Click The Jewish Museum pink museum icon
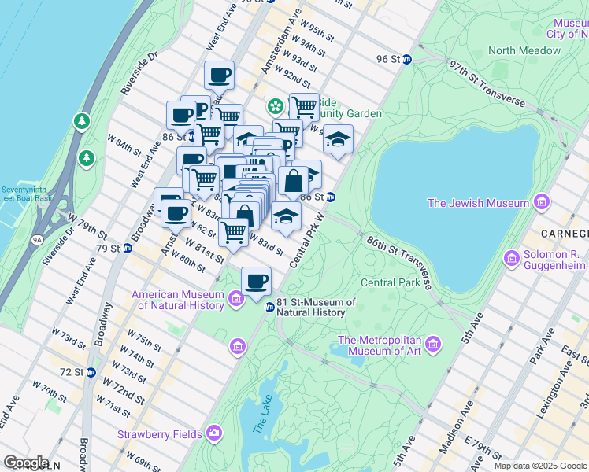pyautogui.click(x=541, y=204)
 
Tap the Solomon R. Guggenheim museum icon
pyautogui.click(x=512, y=257)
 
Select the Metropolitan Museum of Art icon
pyautogui.click(x=433, y=344)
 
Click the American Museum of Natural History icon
pyautogui.click(x=235, y=298)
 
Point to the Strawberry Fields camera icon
pyautogui.click(x=214, y=433)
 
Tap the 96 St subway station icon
pyautogui.click(x=407, y=59)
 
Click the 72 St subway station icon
pyautogui.click(x=92, y=371)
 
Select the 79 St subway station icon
pyautogui.click(x=127, y=249)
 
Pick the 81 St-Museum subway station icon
pyautogui.click(x=269, y=307)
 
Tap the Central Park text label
pyautogui.click(x=390, y=282)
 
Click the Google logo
pyautogui.click(x=27, y=463)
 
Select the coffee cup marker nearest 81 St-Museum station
pyautogui.click(x=255, y=282)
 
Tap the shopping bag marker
pyautogui.click(x=293, y=180)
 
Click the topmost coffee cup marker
pyautogui.click(x=220, y=76)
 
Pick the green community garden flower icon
pyautogui.click(x=276, y=105)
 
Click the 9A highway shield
pyautogui.click(x=36, y=240)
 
